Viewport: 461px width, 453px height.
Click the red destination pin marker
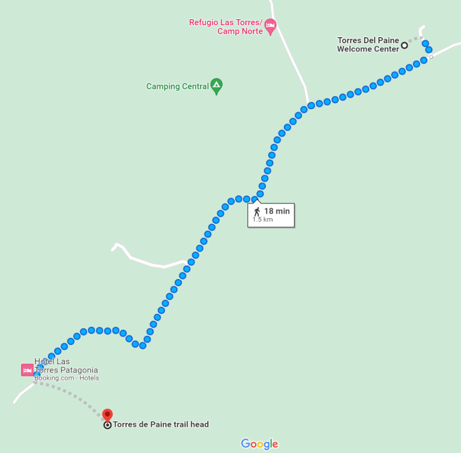[107, 415]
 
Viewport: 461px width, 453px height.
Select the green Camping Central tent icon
[216, 86]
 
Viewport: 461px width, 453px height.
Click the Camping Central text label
[177, 86]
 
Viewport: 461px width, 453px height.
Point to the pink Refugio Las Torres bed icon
[270, 25]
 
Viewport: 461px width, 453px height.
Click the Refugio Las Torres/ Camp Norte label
[226, 26]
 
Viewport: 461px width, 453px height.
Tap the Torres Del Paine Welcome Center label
[368, 45]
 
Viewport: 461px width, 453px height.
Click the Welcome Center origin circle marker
[405, 45]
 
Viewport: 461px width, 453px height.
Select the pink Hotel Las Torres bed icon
[27, 370]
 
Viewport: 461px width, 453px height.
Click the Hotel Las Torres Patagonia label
[66, 366]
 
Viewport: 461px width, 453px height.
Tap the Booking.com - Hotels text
[66, 378]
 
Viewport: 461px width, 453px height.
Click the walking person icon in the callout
[257, 211]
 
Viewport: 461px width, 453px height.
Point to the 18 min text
[277, 211]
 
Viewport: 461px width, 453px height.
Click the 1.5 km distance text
[262, 220]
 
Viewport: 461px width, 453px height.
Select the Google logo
[259, 444]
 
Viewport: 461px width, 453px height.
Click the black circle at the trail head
[107, 425]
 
